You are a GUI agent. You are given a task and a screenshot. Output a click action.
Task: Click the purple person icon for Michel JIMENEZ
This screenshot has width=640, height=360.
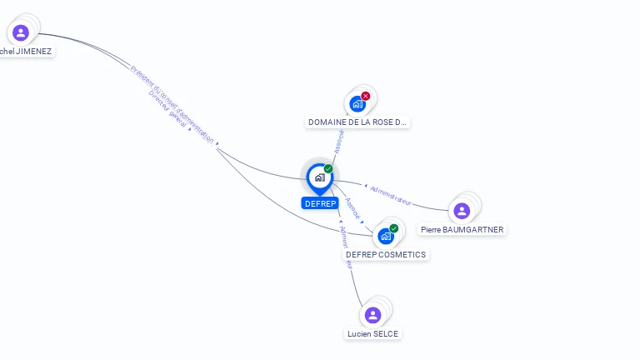click(21, 32)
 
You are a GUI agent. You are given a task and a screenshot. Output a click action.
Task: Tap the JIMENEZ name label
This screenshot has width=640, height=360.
click(27, 52)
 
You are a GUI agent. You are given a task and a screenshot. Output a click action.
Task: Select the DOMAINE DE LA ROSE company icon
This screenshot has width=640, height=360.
click(357, 104)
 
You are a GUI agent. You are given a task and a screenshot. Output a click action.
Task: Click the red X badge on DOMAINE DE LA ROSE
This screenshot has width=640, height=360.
click(365, 96)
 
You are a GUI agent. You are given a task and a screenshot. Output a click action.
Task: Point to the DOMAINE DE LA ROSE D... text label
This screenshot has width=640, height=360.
click(357, 122)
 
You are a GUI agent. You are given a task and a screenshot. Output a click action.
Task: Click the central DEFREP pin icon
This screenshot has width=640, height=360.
click(319, 177)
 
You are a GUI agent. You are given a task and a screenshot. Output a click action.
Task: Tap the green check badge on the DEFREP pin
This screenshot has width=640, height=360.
click(328, 168)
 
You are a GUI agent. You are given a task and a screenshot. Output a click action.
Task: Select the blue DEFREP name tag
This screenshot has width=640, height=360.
click(320, 203)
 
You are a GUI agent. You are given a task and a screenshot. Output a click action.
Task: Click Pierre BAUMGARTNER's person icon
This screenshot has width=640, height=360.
click(462, 211)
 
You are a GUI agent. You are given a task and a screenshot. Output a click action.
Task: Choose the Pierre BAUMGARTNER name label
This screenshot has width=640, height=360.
click(462, 229)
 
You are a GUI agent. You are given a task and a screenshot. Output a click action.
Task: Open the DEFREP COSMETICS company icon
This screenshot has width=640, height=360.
click(386, 237)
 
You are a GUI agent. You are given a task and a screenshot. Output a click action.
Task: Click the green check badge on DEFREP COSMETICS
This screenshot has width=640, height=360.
click(394, 228)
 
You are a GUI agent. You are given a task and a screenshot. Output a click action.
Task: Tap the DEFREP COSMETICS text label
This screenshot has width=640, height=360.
click(386, 255)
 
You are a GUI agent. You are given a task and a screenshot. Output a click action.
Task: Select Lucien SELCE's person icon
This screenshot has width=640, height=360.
click(372, 315)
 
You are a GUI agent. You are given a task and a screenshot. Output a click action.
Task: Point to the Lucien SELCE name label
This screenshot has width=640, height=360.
click(372, 334)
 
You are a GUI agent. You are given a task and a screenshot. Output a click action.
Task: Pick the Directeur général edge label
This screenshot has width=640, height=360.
click(167, 109)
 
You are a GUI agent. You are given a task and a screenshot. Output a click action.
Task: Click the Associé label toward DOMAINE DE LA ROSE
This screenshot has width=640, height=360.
click(338, 141)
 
